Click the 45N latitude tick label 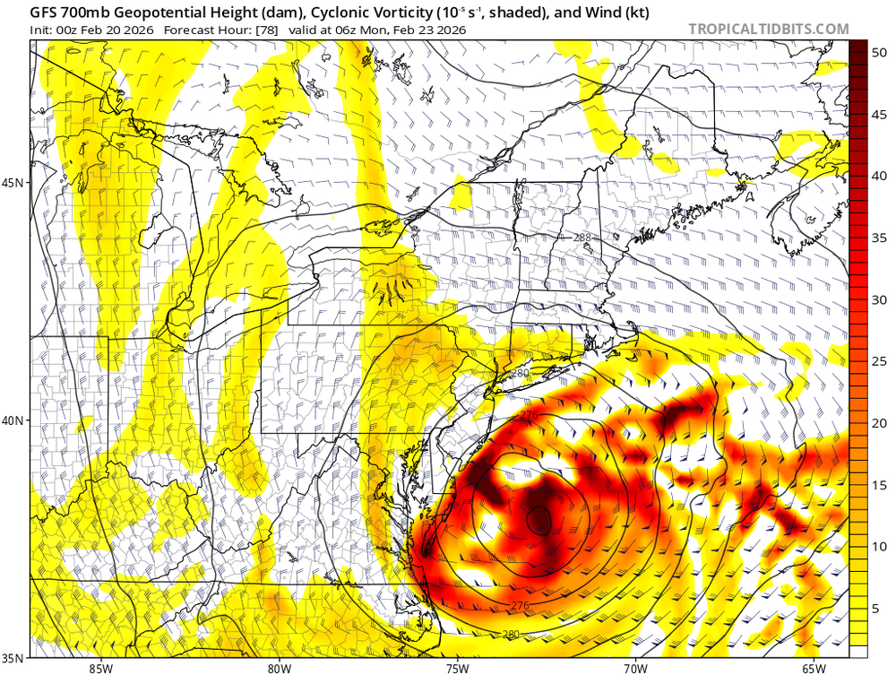coord(16,183)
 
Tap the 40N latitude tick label coord(16,420)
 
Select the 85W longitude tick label coord(101,667)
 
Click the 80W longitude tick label coord(280,667)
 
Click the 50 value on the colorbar coord(879,53)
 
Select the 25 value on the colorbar coord(879,360)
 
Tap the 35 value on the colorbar coord(879,238)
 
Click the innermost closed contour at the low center coord(538,519)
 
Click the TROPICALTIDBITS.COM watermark coord(768,29)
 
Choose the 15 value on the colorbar coord(879,485)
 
